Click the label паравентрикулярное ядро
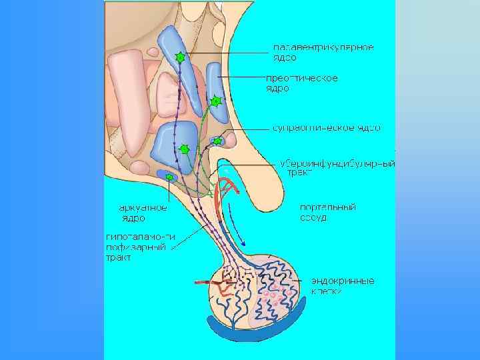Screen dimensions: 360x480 323,52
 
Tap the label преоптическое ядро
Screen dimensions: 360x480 302,83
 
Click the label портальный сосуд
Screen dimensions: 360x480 327,212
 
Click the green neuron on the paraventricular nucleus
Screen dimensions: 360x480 179,58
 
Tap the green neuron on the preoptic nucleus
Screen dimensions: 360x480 215,101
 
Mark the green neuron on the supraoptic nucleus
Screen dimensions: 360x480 217,141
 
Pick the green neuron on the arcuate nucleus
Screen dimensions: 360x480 169,177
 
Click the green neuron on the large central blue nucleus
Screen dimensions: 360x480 185,149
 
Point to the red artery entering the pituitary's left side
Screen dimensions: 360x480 203,285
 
